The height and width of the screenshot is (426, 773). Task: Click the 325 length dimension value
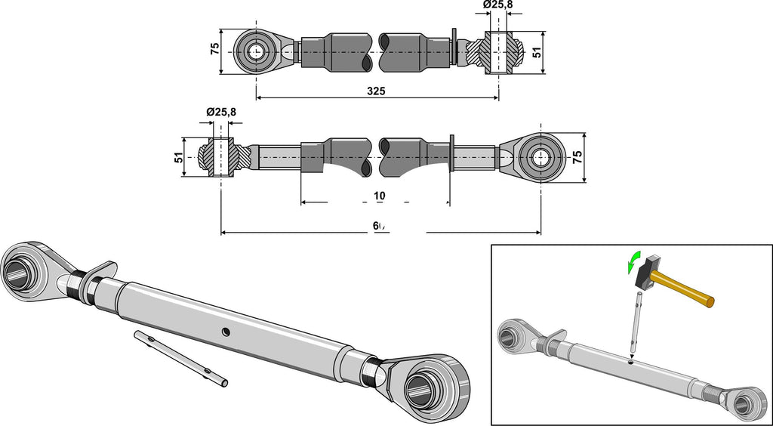click(376, 91)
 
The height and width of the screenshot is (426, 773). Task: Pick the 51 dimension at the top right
click(537, 52)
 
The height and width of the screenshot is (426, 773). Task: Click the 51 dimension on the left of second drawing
click(178, 158)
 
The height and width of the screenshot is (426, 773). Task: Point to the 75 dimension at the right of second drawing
click(577, 158)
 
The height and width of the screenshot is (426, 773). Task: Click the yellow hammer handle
click(684, 292)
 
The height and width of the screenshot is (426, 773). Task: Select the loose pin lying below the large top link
click(180, 359)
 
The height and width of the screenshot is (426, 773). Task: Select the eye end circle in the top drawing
click(257, 51)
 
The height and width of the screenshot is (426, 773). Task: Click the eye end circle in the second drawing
click(540, 158)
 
